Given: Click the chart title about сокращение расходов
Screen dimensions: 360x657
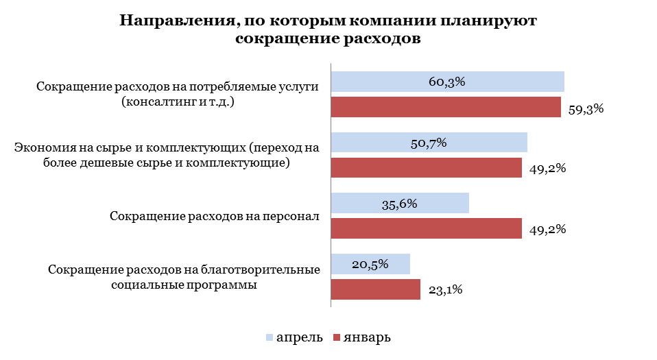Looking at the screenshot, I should (x=328, y=29).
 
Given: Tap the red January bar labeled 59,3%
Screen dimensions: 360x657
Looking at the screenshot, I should (x=446, y=108).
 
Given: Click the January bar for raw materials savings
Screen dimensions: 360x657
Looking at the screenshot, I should (x=426, y=168).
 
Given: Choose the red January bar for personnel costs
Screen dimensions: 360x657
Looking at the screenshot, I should (x=426, y=228).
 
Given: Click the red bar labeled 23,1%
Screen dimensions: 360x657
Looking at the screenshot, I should (x=375, y=289).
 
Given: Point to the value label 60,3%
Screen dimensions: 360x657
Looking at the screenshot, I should (x=447, y=82).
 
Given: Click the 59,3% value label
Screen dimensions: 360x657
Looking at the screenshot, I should (x=586, y=108).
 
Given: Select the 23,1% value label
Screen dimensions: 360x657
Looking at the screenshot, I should (x=445, y=290).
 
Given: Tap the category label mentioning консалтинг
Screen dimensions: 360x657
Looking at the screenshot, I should (x=178, y=95).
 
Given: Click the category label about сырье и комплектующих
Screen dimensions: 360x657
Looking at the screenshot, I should (x=167, y=155).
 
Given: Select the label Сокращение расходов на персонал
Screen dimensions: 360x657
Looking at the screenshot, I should (x=215, y=216).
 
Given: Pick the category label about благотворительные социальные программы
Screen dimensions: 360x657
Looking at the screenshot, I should (x=184, y=277).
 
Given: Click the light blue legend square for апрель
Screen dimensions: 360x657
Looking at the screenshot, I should (x=269, y=337).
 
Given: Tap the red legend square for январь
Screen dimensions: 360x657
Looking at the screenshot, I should (x=337, y=337).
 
